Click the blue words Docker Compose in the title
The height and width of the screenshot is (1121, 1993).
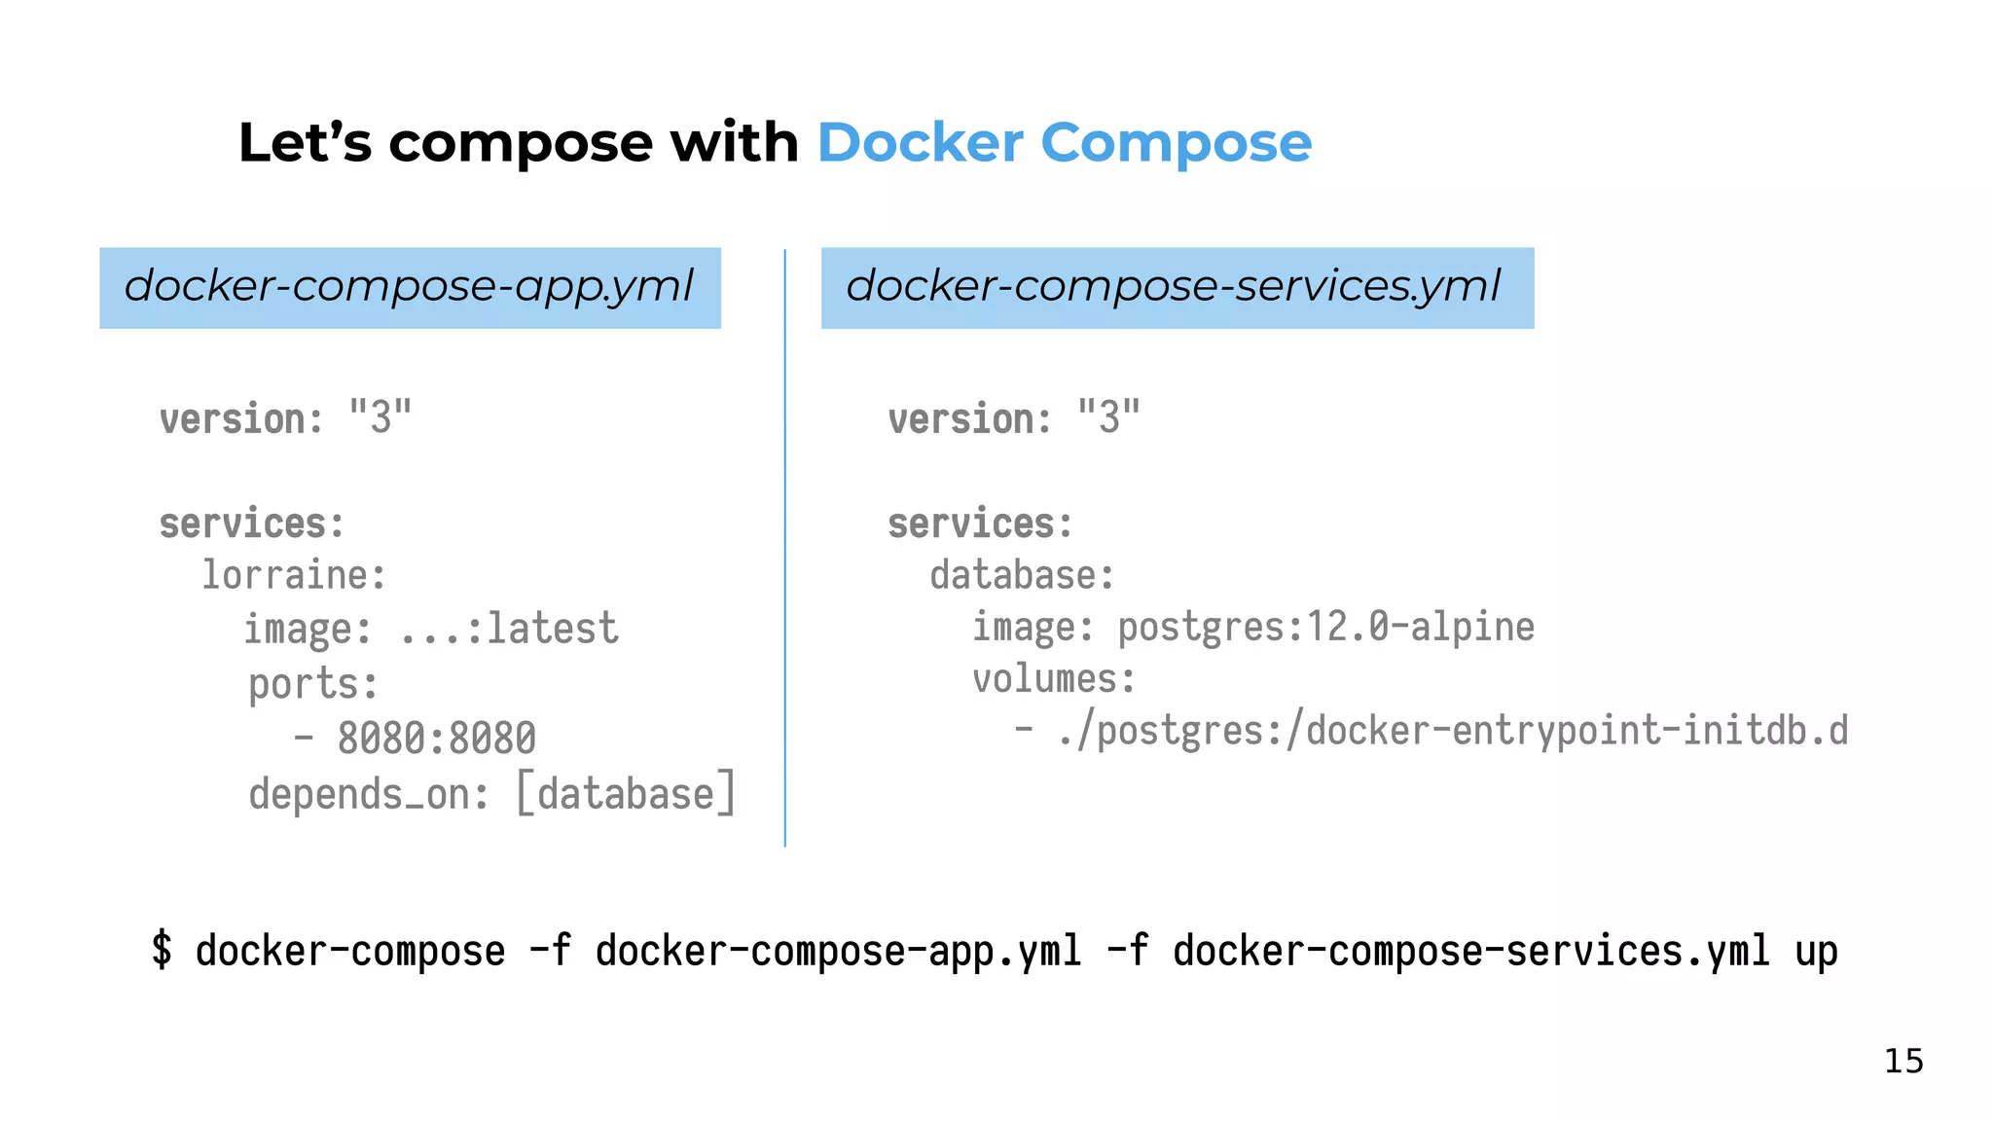pyautogui.click(x=1064, y=143)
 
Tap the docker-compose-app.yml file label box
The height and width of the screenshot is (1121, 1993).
pyautogui.click(x=410, y=287)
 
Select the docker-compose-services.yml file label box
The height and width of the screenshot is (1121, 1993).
pyautogui.click(x=1177, y=287)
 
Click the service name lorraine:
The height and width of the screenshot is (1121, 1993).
pyautogui.click(x=294, y=575)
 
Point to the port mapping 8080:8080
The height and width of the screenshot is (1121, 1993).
pyautogui.click(x=436, y=739)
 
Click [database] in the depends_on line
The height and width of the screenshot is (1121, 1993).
pyautogui.click(x=626, y=793)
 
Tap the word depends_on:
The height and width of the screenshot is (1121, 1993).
pyautogui.click(x=368, y=795)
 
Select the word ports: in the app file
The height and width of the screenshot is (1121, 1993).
pyautogui.click(x=312, y=684)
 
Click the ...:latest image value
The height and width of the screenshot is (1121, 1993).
pyautogui.click(x=509, y=629)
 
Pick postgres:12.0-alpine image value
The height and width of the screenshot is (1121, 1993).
pyautogui.click(x=1325, y=628)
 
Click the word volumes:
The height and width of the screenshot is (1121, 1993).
pyautogui.click(x=1054, y=679)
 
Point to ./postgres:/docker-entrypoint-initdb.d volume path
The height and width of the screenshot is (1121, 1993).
pyautogui.click(x=1452, y=731)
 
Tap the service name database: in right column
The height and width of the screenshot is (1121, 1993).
pyautogui.click(x=1022, y=575)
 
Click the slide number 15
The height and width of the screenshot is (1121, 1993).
pyautogui.click(x=1903, y=1061)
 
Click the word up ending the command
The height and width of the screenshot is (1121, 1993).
pyautogui.click(x=1816, y=952)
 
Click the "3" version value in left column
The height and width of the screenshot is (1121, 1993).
pyautogui.click(x=380, y=417)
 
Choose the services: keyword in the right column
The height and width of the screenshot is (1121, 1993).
pyautogui.click(x=980, y=524)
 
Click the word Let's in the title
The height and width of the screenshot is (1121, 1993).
pyautogui.click(x=304, y=143)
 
